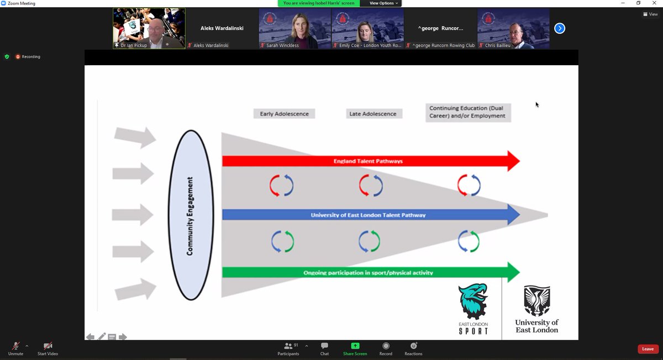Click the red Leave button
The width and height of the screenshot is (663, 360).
648,349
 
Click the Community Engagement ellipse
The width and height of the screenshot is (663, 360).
191,215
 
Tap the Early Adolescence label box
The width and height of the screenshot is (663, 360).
284,114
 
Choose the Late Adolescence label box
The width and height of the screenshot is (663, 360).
373,114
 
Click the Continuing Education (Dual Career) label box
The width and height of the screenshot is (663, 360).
468,112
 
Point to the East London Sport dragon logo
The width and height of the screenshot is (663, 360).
473,301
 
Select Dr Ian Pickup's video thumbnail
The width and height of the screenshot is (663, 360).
149,28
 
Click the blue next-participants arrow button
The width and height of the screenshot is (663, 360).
560,28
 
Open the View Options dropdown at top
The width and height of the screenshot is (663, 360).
382,3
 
